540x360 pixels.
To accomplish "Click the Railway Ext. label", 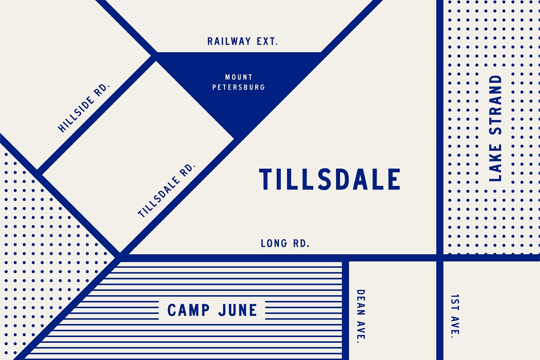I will tap(243, 41).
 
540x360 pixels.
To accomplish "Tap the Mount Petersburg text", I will tap(238, 82).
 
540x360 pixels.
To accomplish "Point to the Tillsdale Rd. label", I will tap(167, 190).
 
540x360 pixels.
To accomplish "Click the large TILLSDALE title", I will tap(329, 179).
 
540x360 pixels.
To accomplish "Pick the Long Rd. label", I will tap(285, 244).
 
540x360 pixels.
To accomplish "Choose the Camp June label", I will tap(212, 310).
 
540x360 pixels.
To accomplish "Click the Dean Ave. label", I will tap(361, 315).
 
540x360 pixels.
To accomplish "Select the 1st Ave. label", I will tap(455, 315).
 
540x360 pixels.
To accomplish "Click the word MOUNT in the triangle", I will tap(239, 77).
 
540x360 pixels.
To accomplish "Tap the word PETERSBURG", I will tap(238, 87).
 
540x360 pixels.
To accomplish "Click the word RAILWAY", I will tap(229, 41).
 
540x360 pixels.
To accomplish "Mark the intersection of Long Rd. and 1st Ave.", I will tap(440, 257).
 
